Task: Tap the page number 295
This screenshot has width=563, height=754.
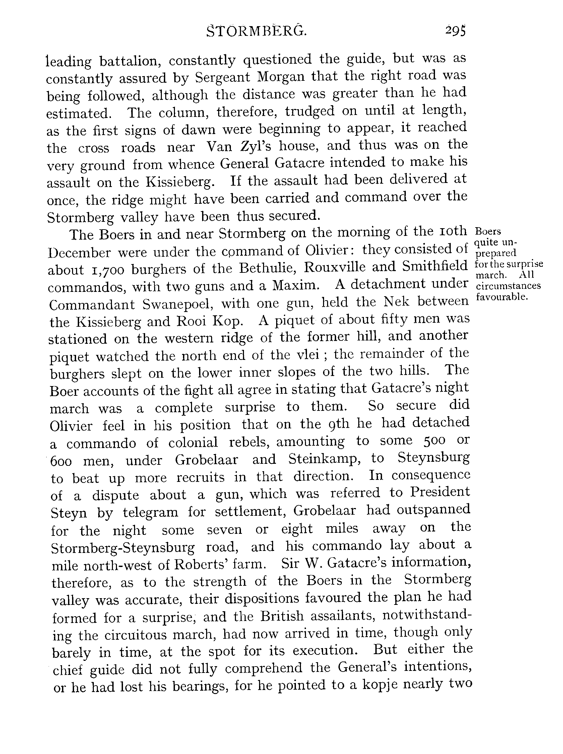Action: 455,31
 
